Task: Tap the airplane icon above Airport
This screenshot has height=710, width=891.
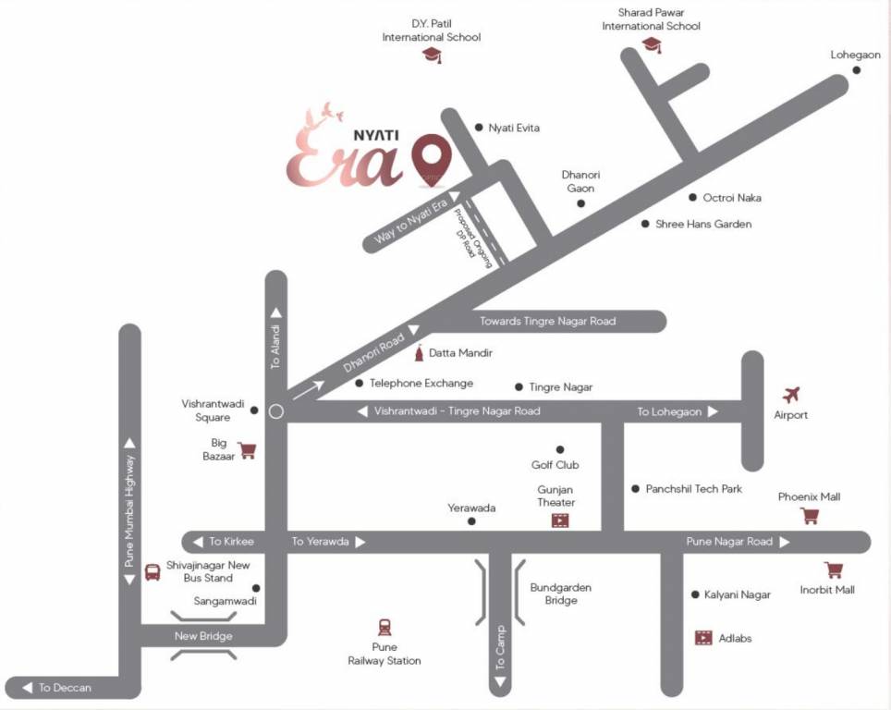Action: click(x=790, y=395)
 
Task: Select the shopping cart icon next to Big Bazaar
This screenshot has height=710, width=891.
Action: click(x=247, y=450)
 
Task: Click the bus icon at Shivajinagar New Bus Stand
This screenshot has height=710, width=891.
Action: click(x=153, y=571)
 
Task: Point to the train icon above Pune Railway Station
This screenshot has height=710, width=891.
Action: click(x=384, y=627)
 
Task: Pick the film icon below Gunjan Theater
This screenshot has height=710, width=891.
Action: click(x=560, y=520)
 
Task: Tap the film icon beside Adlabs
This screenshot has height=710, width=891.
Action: click(x=703, y=638)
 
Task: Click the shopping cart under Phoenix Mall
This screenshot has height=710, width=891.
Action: click(x=810, y=515)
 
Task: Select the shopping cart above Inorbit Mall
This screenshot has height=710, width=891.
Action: click(x=834, y=569)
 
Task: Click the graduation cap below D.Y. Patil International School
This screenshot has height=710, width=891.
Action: click(x=432, y=55)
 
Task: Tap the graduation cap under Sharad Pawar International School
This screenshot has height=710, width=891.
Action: click(x=653, y=44)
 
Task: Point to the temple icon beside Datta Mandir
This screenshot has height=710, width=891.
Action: click(x=421, y=353)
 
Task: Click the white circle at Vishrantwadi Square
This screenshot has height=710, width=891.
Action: click(x=275, y=411)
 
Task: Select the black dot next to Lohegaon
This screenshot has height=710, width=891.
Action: click(x=856, y=70)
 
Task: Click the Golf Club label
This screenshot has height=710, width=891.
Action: click(x=555, y=465)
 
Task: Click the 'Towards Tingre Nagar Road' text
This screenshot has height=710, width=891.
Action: click(x=547, y=321)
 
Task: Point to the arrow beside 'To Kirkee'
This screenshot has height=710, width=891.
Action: click(x=197, y=542)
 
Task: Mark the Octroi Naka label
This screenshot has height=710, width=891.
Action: click(x=732, y=197)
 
